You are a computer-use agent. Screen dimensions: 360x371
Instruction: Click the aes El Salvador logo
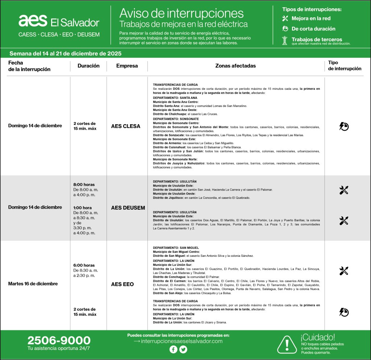(59, 22)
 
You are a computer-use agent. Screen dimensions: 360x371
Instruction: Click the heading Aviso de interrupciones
(182, 13)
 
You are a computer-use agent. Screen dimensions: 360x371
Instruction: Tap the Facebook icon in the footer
(173, 349)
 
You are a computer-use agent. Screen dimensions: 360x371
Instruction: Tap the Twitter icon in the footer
(183, 349)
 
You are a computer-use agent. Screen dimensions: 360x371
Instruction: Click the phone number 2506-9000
(59, 340)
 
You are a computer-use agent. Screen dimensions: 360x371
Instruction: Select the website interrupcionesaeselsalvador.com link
(181, 341)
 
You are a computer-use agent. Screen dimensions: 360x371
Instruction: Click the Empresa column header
(127, 66)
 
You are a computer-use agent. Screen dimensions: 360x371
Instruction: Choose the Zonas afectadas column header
(235, 66)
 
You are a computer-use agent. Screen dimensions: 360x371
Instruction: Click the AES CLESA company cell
(125, 126)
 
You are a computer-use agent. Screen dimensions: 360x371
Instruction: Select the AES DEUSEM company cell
(128, 208)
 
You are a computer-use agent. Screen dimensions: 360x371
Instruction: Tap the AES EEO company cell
(122, 284)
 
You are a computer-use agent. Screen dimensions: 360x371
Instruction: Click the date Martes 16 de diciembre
(33, 284)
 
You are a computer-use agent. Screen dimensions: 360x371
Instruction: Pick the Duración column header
(88, 66)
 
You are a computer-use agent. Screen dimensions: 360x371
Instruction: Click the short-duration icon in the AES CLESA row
(344, 126)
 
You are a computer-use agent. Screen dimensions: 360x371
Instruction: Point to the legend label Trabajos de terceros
(317, 39)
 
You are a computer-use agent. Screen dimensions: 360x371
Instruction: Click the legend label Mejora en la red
(311, 18)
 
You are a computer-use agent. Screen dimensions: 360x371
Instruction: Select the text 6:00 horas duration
(84, 265)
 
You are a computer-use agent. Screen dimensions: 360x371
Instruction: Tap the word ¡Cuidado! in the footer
(318, 337)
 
